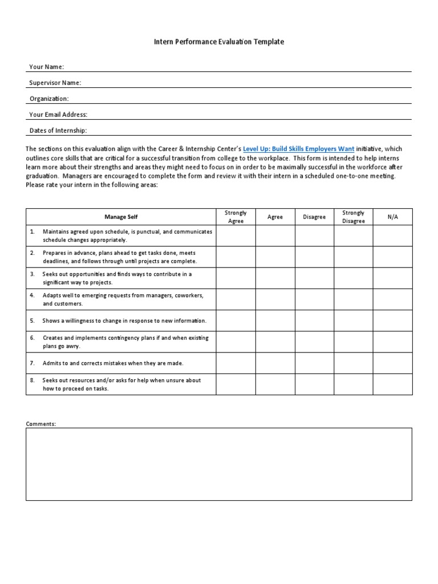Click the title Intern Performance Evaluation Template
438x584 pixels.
click(219, 42)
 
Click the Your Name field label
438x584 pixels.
click(47, 67)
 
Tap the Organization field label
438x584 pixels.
click(49, 99)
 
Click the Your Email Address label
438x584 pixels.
click(59, 115)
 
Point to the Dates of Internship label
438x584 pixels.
click(58, 131)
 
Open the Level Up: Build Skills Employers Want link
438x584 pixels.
click(298, 149)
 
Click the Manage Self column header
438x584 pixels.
click(121, 217)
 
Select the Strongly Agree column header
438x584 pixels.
click(236, 217)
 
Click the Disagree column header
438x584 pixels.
click(314, 217)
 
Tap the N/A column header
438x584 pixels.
click(392, 217)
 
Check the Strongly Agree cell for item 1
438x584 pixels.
click(236, 236)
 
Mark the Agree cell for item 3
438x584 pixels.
click(275, 278)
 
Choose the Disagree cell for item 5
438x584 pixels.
click(314, 321)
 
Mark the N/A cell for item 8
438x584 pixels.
click(392, 384)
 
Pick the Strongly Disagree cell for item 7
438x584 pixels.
click(354, 363)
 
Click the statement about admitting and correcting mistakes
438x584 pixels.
click(113, 363)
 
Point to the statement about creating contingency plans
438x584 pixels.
click(125, 342)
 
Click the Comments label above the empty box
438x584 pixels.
click(41, 424)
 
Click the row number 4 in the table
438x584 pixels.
click(33, 295)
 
